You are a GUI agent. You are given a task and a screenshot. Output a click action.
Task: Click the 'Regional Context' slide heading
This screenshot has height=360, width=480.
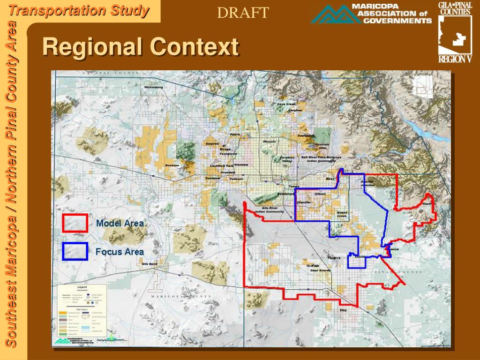tap(141, 47)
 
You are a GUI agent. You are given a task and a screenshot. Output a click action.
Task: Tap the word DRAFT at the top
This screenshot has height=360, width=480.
tap(243, 13)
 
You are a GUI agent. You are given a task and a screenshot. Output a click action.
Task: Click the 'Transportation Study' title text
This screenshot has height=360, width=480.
tap(79, 10)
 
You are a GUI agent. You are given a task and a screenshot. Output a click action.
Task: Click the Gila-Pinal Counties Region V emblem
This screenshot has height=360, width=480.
tap(455, 32)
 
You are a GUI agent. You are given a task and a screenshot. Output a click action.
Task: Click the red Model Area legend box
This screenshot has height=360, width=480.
tap(75, 223)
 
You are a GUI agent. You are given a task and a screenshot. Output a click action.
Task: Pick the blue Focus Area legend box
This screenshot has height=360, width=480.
tap(75, 251)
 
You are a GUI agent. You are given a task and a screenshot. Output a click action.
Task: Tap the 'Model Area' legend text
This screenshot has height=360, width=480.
tap(120, 223)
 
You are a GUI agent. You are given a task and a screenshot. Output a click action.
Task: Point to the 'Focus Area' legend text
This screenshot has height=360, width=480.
tap(120, 252)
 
